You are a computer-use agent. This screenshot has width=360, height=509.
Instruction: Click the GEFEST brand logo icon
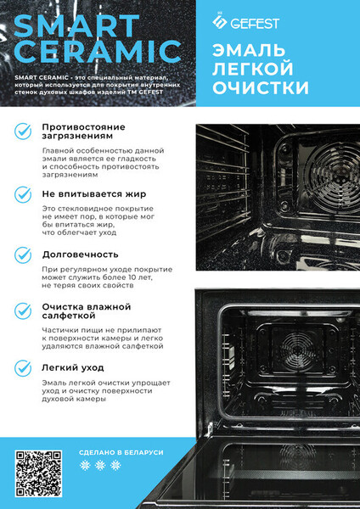tap(220, 22)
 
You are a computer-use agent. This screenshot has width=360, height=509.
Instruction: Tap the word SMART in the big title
tap(76, 26)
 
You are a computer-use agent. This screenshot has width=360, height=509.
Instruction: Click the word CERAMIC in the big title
tap(98, 52)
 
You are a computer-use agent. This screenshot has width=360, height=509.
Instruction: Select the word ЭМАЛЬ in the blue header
tap(249, 51)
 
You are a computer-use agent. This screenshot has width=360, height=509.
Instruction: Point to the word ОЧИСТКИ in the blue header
tap(261, 87)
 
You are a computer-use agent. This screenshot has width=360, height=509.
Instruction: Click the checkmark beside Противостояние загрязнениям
tap(23, 131)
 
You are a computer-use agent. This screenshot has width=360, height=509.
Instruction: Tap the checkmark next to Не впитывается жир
tap(23, 194)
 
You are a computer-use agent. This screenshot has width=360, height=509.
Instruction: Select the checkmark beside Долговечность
tap(23, 255)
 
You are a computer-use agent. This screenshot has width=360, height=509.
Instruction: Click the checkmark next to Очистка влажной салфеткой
tap(23, 311)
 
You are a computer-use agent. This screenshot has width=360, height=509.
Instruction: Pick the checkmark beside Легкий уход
tap(23, 368)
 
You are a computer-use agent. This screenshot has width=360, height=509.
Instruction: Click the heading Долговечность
tap(81, 255)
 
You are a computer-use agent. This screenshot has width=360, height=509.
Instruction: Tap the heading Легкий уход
tap(73, 368)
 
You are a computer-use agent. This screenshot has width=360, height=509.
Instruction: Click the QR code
tap(38, 473)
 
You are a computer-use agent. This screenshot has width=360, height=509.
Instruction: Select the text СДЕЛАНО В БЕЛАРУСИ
tap(121, 452)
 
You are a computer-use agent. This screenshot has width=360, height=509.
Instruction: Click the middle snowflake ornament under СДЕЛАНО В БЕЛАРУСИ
tap(100, 466)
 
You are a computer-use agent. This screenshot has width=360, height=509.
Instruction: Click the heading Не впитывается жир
tap(94, 194)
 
